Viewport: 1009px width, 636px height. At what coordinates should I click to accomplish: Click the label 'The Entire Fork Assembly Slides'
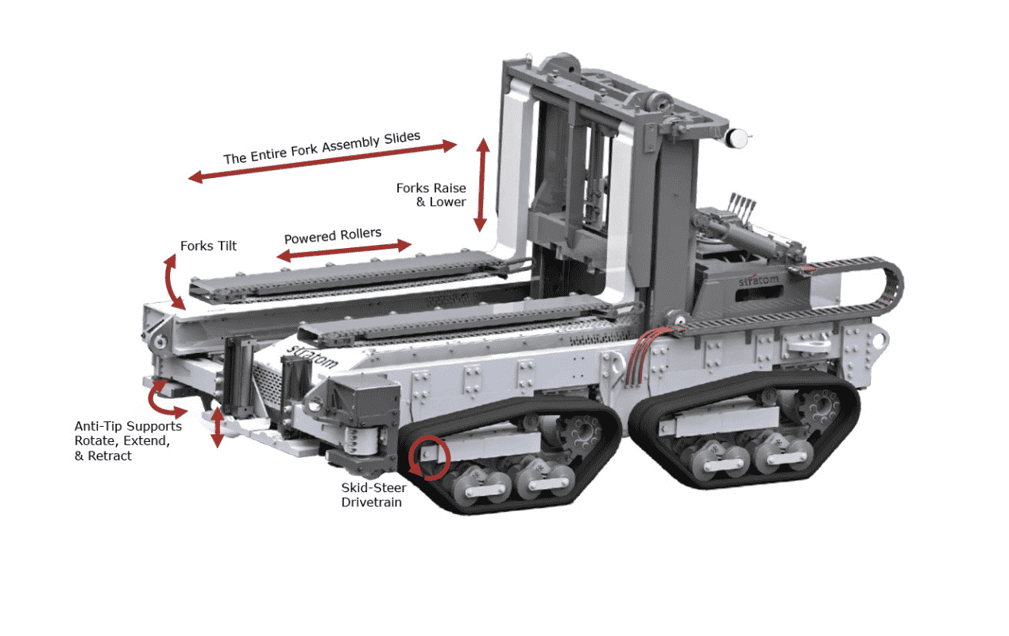[321, 148]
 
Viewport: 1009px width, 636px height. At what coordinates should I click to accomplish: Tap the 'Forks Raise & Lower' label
[431, 195]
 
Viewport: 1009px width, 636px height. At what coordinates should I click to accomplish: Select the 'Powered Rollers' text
[332, 236]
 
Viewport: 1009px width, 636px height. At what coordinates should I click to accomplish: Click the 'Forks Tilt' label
[208, 246]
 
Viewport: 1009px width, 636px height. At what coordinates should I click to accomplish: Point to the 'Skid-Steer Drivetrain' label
[371, 494]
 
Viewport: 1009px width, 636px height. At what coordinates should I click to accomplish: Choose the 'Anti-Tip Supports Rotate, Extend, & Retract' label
[127, 441]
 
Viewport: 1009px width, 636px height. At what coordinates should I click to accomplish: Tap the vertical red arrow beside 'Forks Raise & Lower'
[481, 184]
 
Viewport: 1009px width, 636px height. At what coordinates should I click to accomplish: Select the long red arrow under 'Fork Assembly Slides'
[323, 161]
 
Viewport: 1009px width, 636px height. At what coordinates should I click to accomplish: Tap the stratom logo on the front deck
[313, 358]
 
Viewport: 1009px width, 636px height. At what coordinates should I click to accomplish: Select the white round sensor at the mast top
[739, 138]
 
